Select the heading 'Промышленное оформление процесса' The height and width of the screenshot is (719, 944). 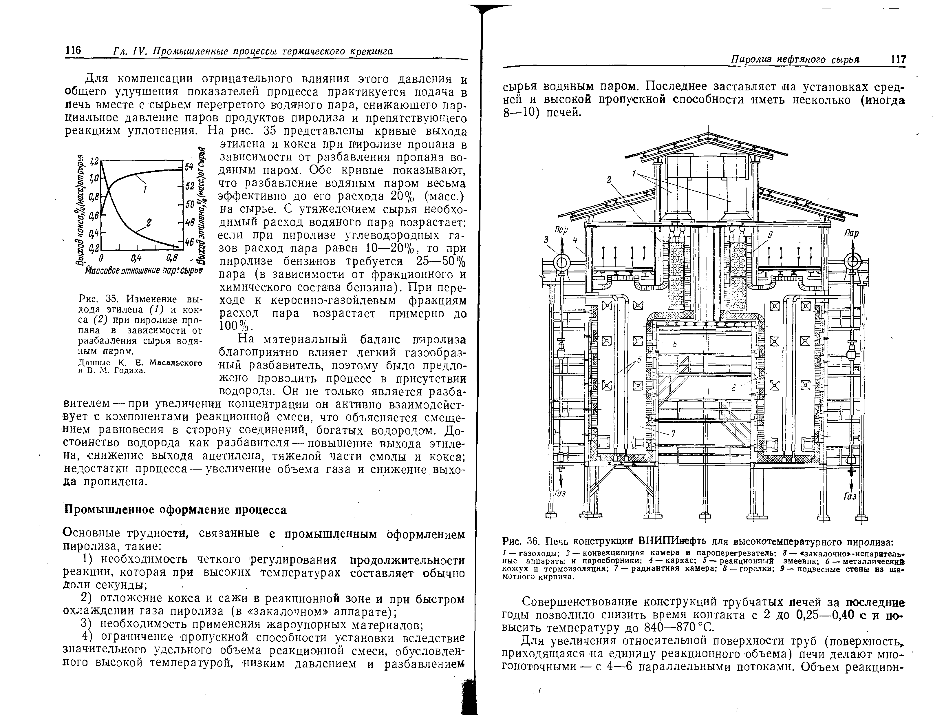click(x=175, y=510)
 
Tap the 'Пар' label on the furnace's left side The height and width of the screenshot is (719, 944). click(x=561, y=230)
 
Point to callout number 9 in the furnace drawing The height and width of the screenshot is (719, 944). click(x=770, y=235)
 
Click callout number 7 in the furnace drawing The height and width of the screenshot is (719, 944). click(x=673, y=434)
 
